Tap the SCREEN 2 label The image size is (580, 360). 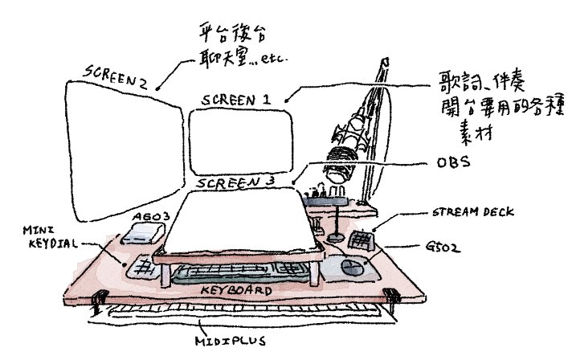[114, 78]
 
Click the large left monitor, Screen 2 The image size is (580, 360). [120, 153]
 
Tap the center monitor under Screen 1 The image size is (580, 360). [241, 145]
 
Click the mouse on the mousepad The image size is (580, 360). [350, 264]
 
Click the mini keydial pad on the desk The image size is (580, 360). [143, 264]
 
